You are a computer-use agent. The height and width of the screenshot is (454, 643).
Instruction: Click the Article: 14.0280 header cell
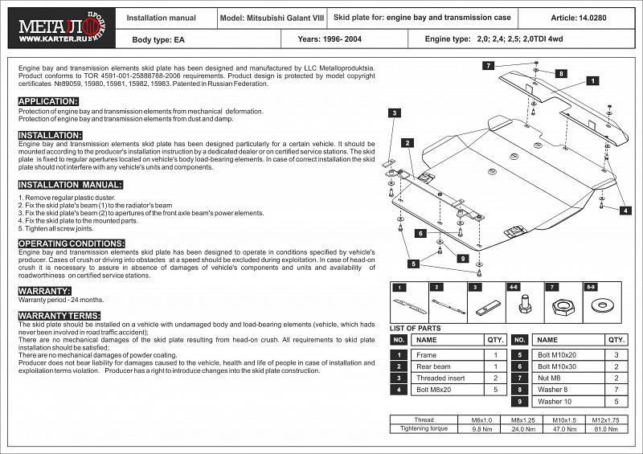578,17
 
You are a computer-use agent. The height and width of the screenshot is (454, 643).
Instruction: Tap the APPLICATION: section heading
48,100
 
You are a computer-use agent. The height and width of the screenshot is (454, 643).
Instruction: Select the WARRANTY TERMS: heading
59,315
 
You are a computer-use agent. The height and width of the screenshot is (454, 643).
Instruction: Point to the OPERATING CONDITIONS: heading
71,243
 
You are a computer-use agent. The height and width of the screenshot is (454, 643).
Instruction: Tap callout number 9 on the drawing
464,259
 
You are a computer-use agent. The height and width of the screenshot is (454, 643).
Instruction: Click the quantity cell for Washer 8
616,389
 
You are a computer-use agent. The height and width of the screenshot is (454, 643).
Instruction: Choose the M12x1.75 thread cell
604,419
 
